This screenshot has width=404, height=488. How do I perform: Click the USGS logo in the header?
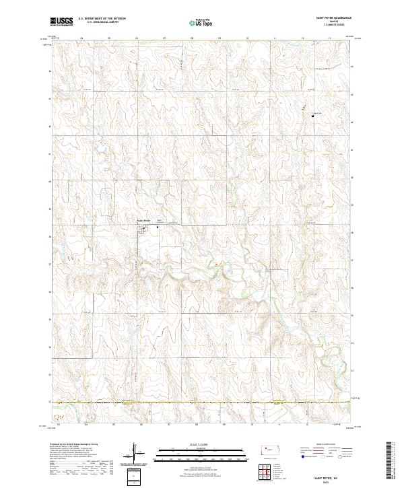click(x=61, y=22)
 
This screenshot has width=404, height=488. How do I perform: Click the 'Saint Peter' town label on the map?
click(x=143, y=220)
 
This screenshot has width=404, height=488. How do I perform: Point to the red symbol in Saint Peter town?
click(x=143, y=228)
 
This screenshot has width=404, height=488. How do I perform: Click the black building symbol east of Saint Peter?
click(x=158, y=227)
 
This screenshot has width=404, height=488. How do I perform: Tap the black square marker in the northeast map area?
click(x=313, y=116)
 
